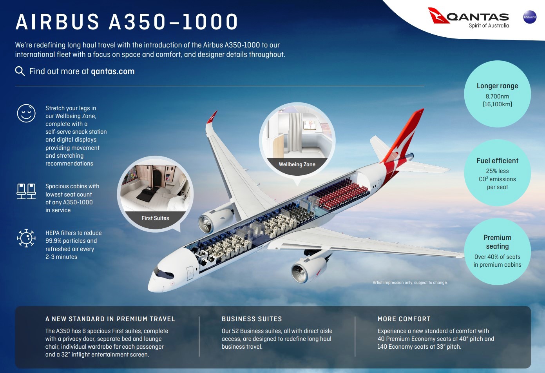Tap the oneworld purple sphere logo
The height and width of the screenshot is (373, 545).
pos(530,17)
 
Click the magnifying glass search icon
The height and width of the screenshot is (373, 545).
pos(20,71)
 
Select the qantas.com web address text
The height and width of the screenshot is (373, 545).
pos(113,71)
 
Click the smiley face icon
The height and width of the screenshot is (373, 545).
pos(26,113)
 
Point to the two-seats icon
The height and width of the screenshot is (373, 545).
pos(26,191)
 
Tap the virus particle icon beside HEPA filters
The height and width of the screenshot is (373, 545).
pos(26,238)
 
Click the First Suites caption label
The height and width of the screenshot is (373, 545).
pos(155,218)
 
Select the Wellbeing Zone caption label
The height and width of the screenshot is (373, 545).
pos(297,164)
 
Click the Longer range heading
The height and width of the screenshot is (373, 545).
pos(497,86)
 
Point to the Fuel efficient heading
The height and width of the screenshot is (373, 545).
pos(497,161)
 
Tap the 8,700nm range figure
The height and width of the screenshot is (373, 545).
pos(497,96)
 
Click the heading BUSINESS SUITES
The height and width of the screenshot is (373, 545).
pos(252,319)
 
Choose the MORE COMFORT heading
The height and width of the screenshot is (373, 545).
pos(404,319)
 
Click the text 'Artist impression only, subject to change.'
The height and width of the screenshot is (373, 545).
pos(410,283)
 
